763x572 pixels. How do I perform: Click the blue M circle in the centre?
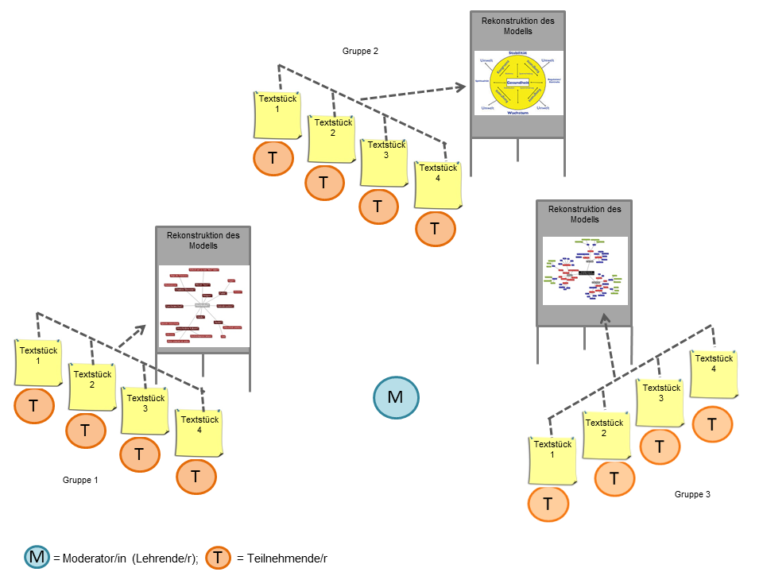(x=395, y=397)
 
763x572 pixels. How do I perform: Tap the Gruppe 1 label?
(x=80, y=480)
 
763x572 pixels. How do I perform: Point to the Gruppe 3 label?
(x=692, y=494)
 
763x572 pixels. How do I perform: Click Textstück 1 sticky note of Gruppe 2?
(x=277, y=115)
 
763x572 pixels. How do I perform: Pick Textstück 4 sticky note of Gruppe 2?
(x=438, y=184)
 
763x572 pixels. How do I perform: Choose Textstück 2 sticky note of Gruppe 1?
(x=91, y=386)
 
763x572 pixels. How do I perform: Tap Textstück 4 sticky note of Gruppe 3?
(x=713, y=373)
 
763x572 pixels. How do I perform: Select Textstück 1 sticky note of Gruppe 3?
(x=552, y=460)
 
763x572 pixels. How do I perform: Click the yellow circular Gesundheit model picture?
(x=518, y=83)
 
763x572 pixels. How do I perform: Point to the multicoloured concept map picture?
(x=585, y=270)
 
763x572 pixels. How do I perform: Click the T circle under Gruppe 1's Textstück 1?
(x=34, y=406)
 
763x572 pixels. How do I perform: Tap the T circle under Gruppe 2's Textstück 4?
(x=436, y=229)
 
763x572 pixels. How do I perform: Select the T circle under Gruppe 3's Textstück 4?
(x=712, y=424)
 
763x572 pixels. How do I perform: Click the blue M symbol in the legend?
(x=37, y=558)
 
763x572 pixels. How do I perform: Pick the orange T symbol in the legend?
(x=219, y=558)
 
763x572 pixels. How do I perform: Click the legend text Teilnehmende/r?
(x=282, y=558)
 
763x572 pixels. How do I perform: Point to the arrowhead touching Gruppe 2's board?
(x=462, y=87)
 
